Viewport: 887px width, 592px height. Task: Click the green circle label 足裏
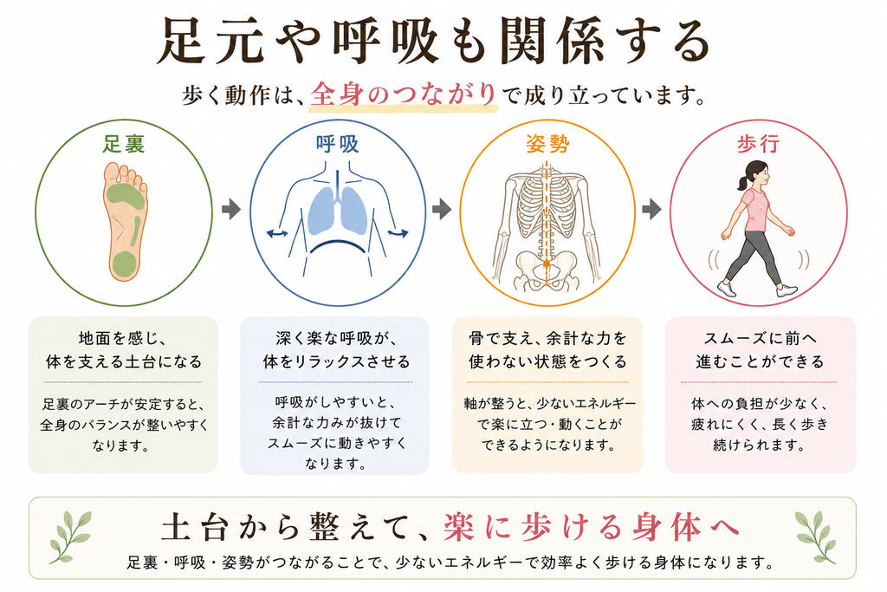(123, 144)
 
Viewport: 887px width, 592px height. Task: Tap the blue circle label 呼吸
(337, 144)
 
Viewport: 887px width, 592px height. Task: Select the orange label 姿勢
(547, 144)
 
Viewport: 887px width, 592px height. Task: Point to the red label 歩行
(758, 144)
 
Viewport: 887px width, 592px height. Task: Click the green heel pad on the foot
(124, 263)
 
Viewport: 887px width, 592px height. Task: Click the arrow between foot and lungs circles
(230, 210)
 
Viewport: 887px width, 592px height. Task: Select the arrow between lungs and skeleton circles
(442, 210)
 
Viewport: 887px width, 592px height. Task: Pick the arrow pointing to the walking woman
(651, 210)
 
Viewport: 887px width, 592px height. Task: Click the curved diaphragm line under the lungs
(337, 243)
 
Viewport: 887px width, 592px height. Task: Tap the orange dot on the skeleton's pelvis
(547, 263)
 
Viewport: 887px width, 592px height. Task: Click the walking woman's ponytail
(741, 182)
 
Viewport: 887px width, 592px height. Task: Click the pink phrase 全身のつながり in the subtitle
(404, 94)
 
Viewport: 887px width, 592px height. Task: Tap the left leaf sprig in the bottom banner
(70, 537)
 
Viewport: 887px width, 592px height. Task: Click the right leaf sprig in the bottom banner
(816, 537)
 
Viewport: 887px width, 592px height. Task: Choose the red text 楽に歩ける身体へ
(592, 526)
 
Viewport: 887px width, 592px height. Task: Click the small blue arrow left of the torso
(277, 232)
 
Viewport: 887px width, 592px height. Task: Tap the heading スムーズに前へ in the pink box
(761, 338)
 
